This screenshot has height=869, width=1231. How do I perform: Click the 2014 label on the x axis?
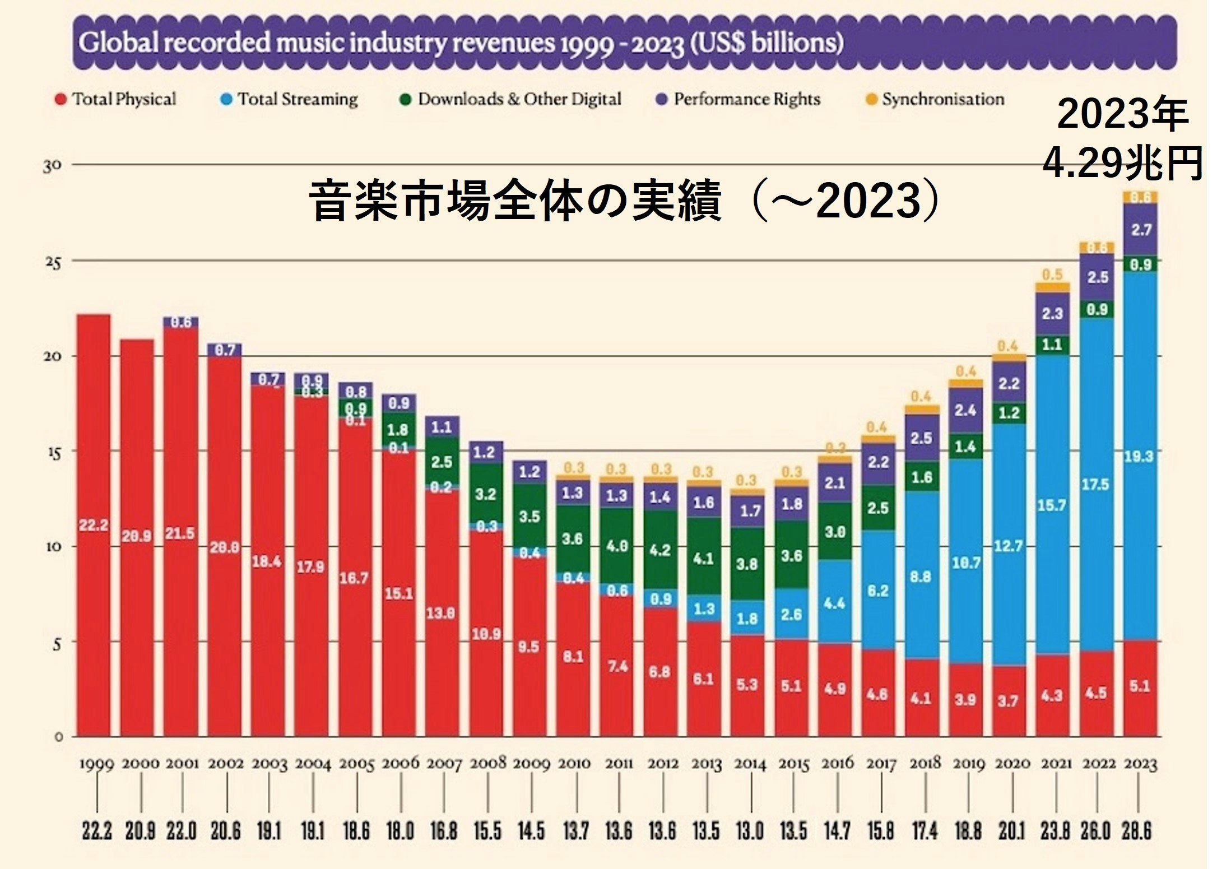pos(750,764)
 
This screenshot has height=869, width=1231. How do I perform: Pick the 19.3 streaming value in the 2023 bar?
pos(1139,456)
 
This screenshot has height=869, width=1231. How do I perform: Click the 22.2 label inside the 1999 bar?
pos(94,525)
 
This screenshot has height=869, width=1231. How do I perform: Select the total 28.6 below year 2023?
pos(1136,831)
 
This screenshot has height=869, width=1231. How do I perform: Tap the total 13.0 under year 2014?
pos(750,831)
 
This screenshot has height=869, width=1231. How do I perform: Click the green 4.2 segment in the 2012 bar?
pos(660,550)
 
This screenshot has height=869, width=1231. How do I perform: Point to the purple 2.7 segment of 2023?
pos(1141,230)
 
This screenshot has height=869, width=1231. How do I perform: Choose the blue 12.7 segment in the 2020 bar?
pos(1009,545)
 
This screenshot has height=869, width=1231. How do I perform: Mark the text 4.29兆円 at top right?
pos(1122,164)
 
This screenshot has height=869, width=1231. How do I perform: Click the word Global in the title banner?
pos(119,43)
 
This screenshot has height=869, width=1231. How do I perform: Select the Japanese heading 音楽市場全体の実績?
pos(514,201)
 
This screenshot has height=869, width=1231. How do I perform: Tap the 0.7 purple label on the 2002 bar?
pos(225,350)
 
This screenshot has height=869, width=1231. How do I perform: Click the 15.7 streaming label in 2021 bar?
pos(1052,505)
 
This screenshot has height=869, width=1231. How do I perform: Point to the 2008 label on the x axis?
pos(487,764)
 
